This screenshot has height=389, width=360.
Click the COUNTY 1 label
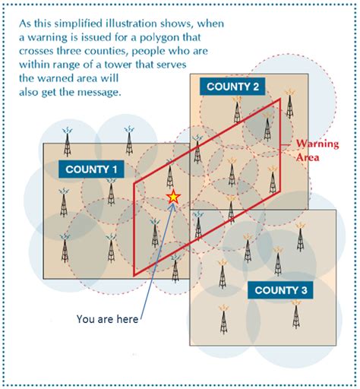coord(91,169)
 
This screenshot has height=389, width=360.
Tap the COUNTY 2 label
coord(232,87)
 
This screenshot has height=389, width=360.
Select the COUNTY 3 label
coord(280,290)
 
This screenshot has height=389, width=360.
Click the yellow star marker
coord(173,197)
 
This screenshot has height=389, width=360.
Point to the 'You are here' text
coord(108,319)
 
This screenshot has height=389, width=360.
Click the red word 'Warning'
coord(317,144)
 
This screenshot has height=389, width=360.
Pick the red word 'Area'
coord(308,157)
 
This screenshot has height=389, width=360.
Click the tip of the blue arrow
coord(175,203)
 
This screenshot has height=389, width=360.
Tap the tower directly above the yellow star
coord(170,174)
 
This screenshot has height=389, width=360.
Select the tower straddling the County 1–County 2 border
coord(197,150)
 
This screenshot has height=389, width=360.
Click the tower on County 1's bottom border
coord(175,269)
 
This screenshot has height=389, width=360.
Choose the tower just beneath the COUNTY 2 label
coord(237,109)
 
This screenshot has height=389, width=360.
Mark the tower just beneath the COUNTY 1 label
coord(111,191)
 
